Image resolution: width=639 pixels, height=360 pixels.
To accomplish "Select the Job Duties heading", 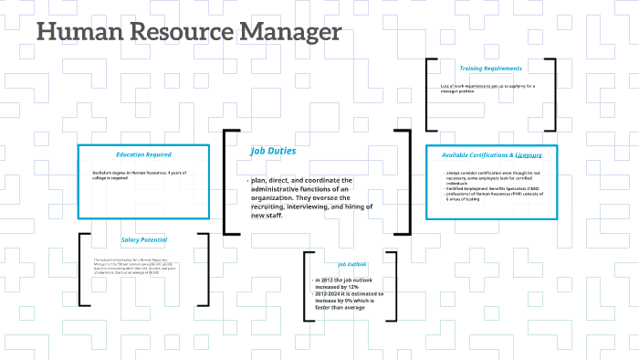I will [273, 150].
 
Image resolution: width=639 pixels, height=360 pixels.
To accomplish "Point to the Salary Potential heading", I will [143, 240].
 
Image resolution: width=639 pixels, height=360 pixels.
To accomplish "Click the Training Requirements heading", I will [491, 68].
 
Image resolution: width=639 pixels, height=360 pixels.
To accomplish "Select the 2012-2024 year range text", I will [331, 293].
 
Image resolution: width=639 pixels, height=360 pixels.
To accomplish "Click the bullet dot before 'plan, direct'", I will [249, 181].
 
